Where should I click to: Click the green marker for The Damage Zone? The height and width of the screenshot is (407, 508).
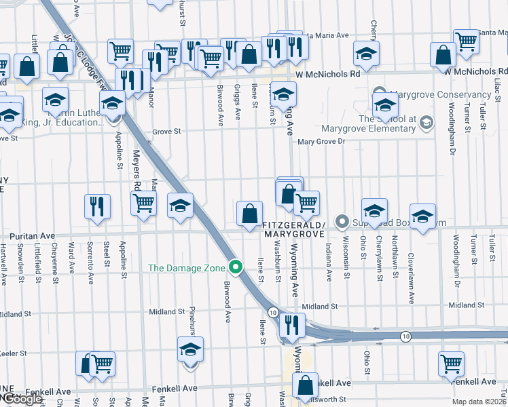click(236, 267)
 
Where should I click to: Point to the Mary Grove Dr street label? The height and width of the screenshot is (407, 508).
click(322, 142)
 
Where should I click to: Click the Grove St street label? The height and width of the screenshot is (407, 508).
click(167, 132)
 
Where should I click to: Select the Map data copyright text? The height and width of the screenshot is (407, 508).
click(479, 402)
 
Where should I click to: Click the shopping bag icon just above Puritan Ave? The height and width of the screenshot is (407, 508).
click(249, 212)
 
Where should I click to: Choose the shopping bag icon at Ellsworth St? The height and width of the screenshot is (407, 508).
click(306, 385)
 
